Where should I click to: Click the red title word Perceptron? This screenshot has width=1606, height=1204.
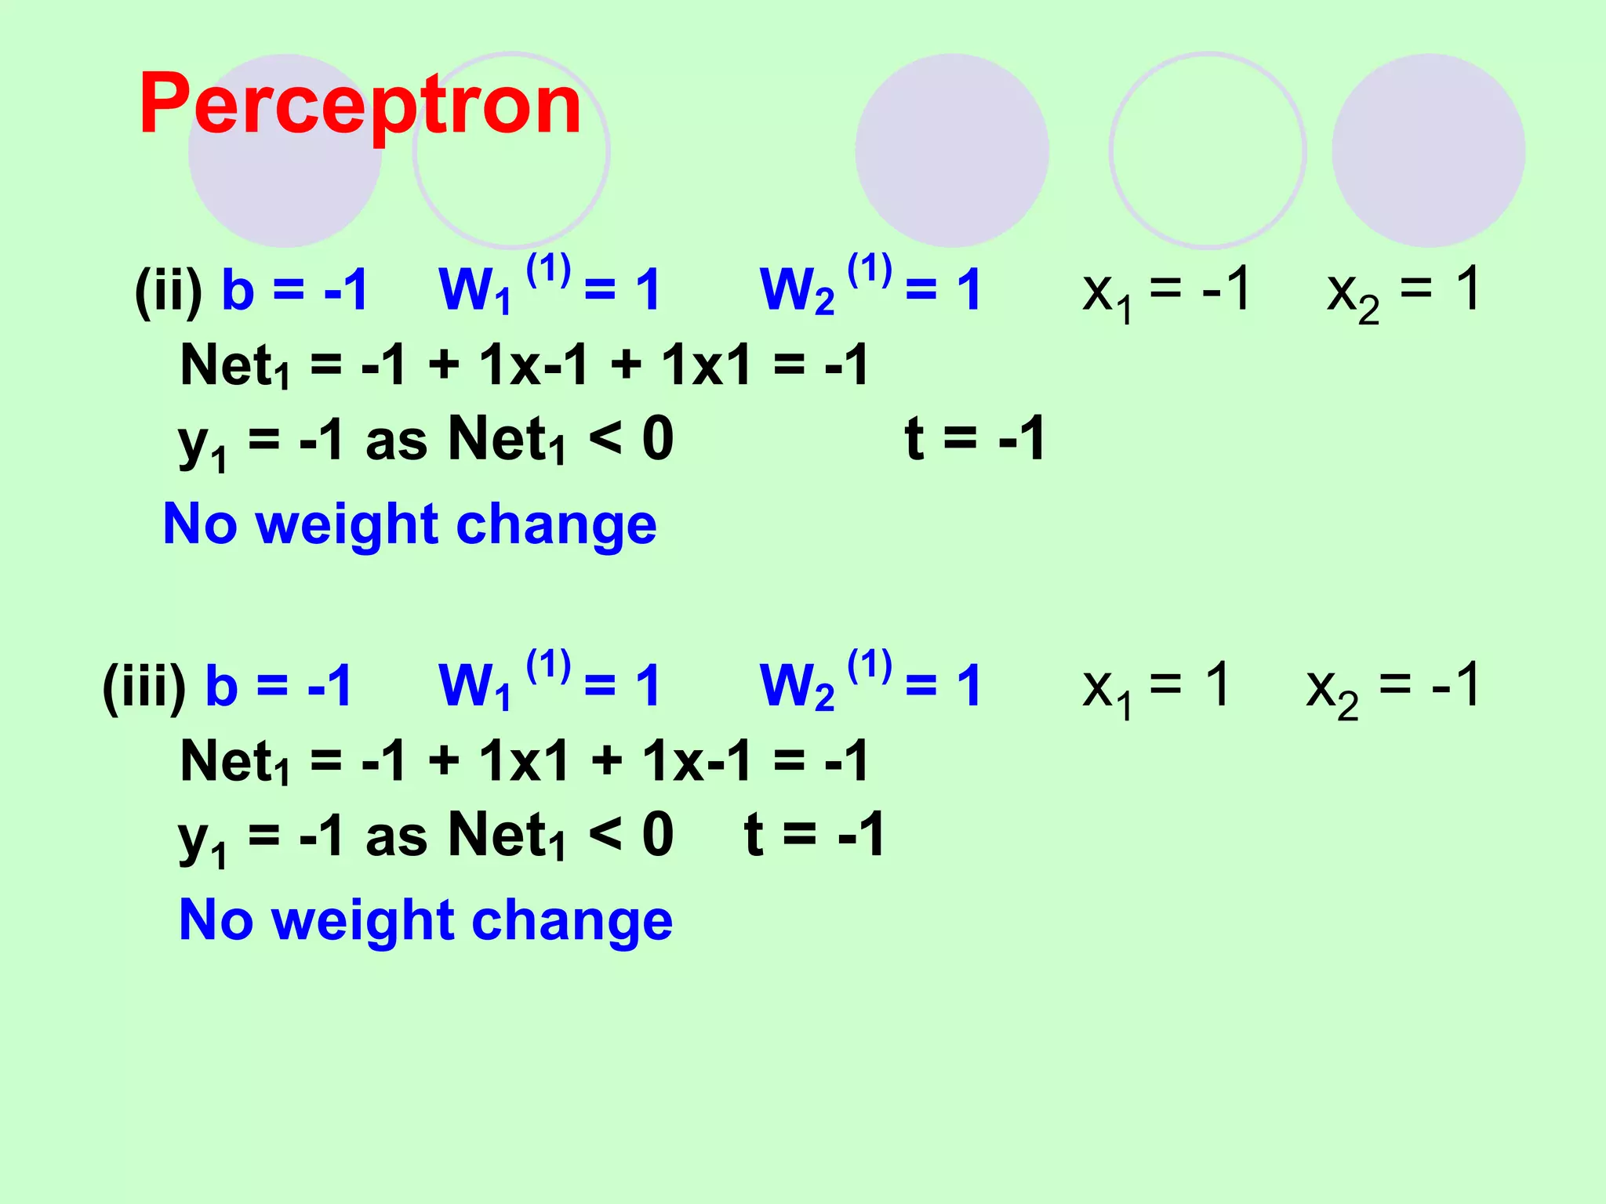(x=360, y=104)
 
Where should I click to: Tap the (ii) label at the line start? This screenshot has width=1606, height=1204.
(x=169, y=291)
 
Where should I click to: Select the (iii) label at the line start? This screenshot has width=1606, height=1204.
(x=144, y=687)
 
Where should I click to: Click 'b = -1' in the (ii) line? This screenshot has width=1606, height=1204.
(x=295, y=289)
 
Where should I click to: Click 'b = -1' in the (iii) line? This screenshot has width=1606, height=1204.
(x=278, y=685)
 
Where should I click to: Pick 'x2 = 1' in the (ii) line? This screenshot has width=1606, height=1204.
(x=1403, y=291)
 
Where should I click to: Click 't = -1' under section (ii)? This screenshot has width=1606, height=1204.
(x=975, y=439)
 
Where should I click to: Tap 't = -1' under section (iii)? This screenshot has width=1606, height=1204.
(x=815, y=835)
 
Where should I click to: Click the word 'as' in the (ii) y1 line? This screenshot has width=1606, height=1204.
(x=396, y=441)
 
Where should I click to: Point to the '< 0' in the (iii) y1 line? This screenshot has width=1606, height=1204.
(x=630, y=835)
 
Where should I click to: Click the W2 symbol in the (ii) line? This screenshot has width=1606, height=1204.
(x=797, y=291)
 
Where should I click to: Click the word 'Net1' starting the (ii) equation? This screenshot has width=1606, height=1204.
(x=234, y=366)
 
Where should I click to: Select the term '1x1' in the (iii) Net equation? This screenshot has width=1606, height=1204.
(x=524, y=761)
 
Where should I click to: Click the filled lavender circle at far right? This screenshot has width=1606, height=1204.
(x=1428, y=150)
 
